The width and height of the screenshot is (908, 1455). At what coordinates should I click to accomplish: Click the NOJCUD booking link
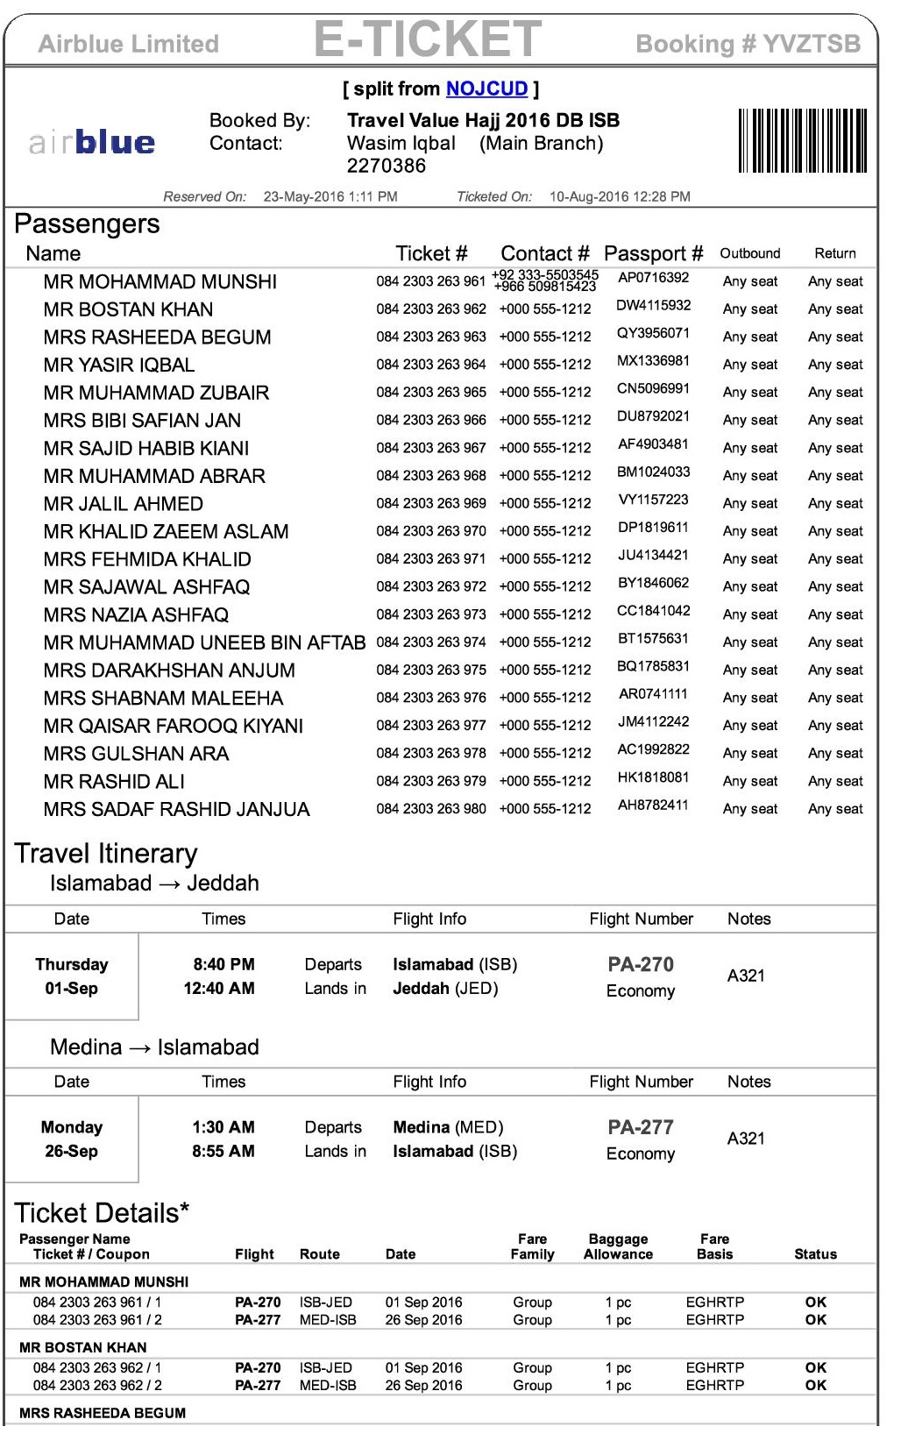pyautogui.click(x=486, y=89)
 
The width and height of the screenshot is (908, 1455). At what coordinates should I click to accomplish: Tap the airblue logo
pyautogui.click(x=92, y=142)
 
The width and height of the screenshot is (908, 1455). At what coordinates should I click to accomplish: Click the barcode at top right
pyautogui.click(x=802, y=140)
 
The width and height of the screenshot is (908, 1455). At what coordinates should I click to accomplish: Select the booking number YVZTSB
pyautogui.click(x=811, y=44)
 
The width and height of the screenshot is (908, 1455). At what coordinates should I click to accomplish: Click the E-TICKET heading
pyautogui.click(x=428, y=39)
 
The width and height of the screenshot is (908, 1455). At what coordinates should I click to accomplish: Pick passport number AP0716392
pyautogui.click(x=653, y=278)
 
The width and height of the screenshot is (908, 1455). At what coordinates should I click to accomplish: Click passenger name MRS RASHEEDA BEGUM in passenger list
pyautogui.click(x=157, y=337)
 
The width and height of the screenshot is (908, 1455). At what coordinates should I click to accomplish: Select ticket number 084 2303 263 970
pyautogui.click(x=430, y=531)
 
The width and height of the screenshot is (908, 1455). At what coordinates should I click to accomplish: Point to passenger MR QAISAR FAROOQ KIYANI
pyautogui.click(x=173, y=726)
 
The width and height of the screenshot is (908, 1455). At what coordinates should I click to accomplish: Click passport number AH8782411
pyautogui.click(x=653, y=805)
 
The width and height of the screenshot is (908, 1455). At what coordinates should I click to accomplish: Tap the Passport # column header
pyautogui.click(x=653, y=254)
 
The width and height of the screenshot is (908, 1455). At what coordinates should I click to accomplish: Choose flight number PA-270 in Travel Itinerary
pyautogui.click(x=641, y=965)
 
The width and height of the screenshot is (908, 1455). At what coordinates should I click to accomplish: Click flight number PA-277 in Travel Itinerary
pyautogui.click(x=641, y=1127)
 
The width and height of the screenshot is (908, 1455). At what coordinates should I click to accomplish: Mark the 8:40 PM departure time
pyautogui.click(x=223, y=965)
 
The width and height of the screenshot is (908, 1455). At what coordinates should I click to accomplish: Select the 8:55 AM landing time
pyautogui.click(x=223, y=1152)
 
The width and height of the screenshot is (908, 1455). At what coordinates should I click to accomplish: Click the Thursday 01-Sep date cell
pyautogui.click(x=72, y=976)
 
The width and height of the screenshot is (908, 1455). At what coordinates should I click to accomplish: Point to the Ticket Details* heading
pyautogui.click(x=102, y=1213)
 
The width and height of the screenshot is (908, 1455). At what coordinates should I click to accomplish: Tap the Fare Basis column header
pyautogui.click(x=714, y=1246)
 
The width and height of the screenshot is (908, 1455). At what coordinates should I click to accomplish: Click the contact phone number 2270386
pyautogui.click(x=386, y=166)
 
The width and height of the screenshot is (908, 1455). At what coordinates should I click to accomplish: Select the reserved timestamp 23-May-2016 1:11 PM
pyautogui.click(x=330, y=197)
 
